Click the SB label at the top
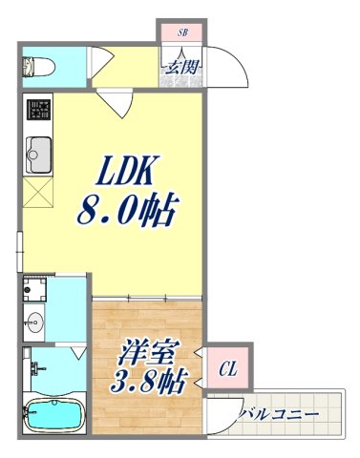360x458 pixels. tap(182, 32)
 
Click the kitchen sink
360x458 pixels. tap(40, 151)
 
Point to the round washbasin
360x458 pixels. tap(37, 321)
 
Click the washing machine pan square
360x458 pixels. tap(38, 289)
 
